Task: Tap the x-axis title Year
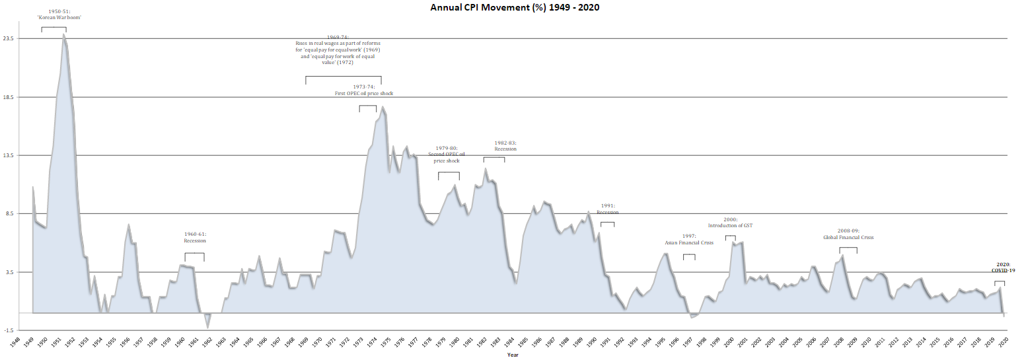tap(513, 355)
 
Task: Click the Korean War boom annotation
tap(59, 15)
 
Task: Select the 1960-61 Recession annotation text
tap(195, 237)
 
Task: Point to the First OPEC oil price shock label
tap(364, 90)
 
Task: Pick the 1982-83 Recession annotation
tap(505, 146)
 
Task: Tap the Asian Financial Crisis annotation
tap(689, 239)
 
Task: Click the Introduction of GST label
tap(730, 222)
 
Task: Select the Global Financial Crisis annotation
tap(848, 234)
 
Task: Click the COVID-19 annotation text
tap(1003, 267)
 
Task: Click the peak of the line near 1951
tap(63, 35)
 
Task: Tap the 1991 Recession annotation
tap(608, 209)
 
